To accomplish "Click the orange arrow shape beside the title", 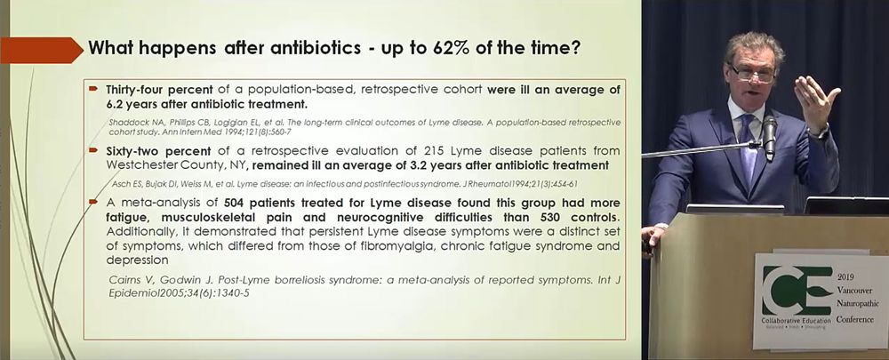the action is pyautogui.click(x=42, y=50).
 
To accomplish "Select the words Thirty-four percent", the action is pyautogui.click(x=159, y=90).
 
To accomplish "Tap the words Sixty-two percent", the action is pyautogui.click(x=158, y=151).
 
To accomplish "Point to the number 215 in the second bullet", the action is pyautogui.click(x=435, y=151).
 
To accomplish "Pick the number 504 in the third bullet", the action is pyautogui.click(x=236, y=203).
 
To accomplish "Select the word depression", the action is pyautogui.click(x=137, y=260).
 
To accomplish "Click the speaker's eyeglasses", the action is pyautogui.click(x=753, y=73).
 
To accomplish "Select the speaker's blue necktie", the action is pyautogui.click(x=749, y=151).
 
